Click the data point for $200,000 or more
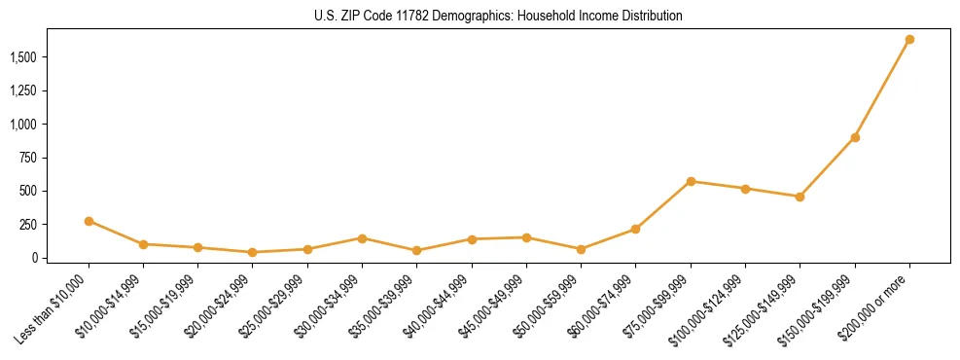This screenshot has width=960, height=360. [x=909, y=40]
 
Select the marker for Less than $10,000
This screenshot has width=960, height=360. [x=89, y=221]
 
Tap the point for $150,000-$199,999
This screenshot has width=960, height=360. [x=855, y=137]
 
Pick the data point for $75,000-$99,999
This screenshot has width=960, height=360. [x=691, y=181]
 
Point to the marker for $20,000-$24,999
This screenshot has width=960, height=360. [x=253, y=252]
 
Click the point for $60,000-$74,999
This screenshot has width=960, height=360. [x=636, y=229]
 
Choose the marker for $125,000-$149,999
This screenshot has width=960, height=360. [x=800, y=197]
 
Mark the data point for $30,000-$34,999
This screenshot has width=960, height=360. [x=362, y=238]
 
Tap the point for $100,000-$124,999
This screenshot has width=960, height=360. [x=745, y=189]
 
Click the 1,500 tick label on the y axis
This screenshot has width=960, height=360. [x=25, y=57]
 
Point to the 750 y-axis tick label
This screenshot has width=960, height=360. [x=30, y=158]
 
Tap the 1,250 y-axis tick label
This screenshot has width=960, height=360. [x=25, y=91]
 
